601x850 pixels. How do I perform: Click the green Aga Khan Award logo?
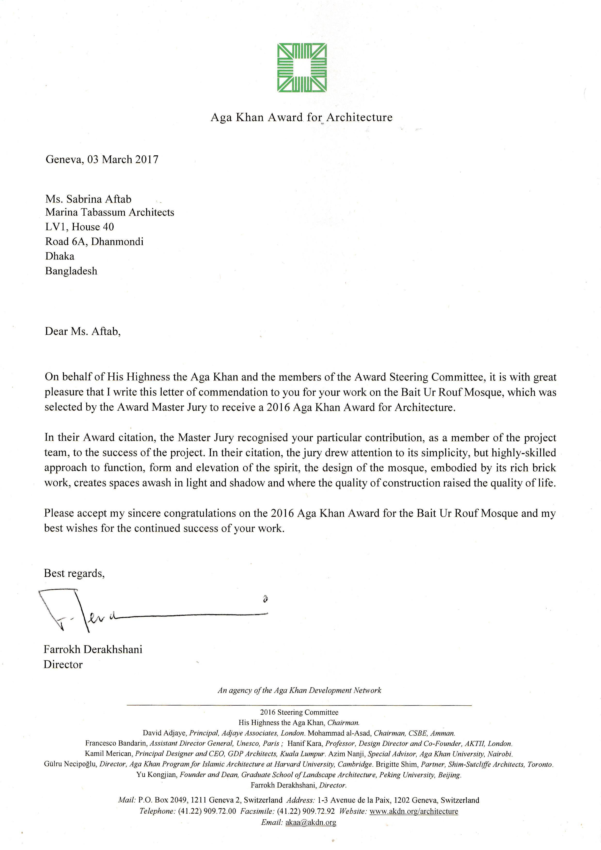click(x=302, y=68)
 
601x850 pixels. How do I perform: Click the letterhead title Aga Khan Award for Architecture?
click(x=301, y=117)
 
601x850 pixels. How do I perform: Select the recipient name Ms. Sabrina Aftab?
click(x=88, y=199)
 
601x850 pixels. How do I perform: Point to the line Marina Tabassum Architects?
click(x=110, y=212)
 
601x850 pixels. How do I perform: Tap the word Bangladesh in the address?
click(x=71, y=271)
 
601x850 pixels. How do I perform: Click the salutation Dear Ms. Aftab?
click(x=83, y=331)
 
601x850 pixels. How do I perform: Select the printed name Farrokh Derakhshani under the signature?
click(x=93, y=649)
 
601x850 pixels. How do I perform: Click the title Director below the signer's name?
click(x=63, y=665)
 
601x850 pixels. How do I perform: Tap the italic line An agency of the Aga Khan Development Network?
click(x=299, y=690)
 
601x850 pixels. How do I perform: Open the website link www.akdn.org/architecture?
click(x=414, y=811)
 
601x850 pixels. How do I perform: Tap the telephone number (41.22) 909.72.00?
click(x=207, y=811)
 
